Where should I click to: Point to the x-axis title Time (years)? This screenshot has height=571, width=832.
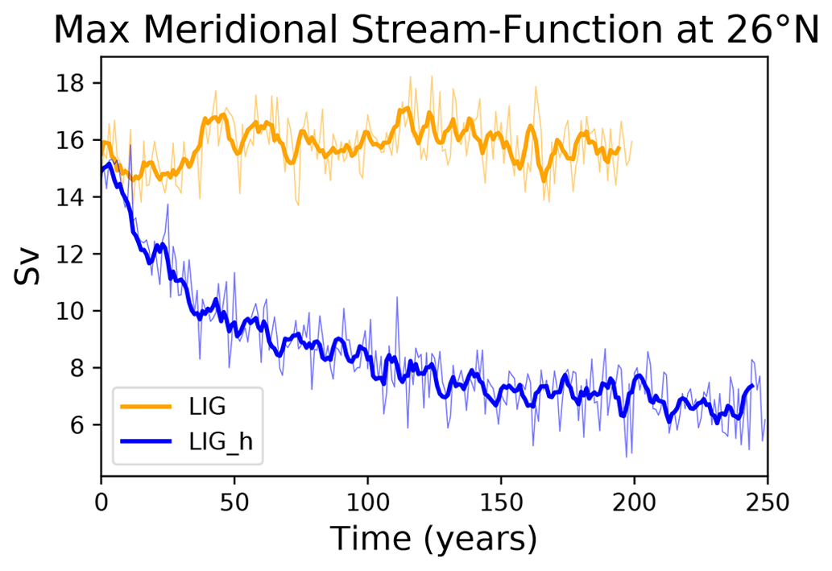(x=434, y=537)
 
